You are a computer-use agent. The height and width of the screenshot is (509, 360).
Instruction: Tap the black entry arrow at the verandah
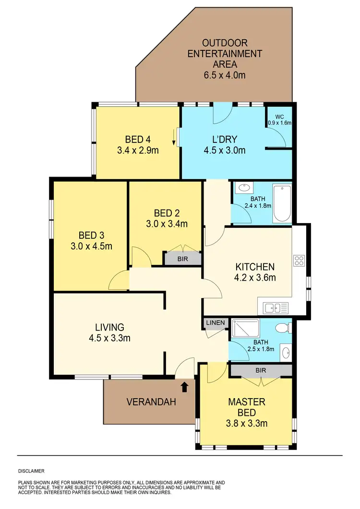pos(185,385)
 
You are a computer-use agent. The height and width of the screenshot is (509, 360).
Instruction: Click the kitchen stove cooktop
pos(299,261)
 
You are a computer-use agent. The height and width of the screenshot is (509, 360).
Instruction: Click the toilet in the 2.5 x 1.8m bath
pos(283,328)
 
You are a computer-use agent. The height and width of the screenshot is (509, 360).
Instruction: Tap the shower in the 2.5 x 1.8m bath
pos(245,328)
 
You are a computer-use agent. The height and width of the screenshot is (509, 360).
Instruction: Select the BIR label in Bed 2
pos(182,258)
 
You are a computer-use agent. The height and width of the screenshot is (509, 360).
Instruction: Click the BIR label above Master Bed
pos(261,370)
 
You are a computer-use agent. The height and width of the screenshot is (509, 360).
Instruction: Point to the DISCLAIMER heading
pos(31,472)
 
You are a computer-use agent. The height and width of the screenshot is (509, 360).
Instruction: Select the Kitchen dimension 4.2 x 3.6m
pos(254,277)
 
